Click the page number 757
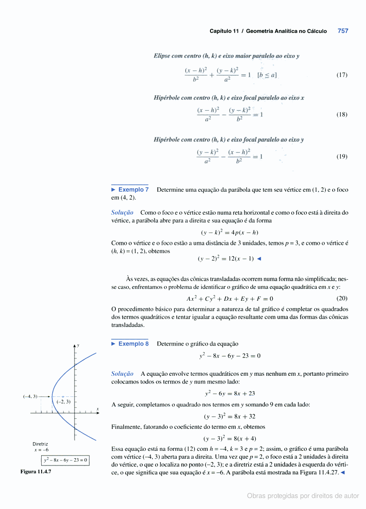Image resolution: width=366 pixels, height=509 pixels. [x=343, y=31]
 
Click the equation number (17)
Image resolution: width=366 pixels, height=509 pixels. [x=342, y=75]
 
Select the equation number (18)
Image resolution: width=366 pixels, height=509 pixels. [x=342, y=114]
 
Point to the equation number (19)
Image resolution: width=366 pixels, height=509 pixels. [x=342, y=156]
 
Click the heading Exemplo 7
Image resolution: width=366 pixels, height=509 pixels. [x=133, y=190]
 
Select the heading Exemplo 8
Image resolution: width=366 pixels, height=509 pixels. [x=133, y=344]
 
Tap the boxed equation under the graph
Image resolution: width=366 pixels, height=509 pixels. [x=65, y=460]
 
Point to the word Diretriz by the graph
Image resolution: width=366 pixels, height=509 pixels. [x=40, y=444]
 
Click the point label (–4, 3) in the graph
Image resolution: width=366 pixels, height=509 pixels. [x=30, y=396]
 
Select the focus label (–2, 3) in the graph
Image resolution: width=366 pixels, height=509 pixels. [x=63, y=401]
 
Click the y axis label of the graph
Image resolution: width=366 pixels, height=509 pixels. [x=78, y=345]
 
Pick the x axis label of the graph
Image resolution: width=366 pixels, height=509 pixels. [x=97, y=408]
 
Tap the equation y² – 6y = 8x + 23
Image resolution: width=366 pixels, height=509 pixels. [x=230, y=393]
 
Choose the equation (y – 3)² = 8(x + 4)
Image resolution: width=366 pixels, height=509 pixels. [x=230, y=438]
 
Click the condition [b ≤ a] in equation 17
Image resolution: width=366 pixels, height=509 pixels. [x=267, y=75]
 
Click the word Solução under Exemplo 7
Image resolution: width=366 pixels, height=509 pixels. [x=122, y=212]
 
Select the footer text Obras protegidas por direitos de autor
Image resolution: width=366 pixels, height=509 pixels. [x=303, y=496]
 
